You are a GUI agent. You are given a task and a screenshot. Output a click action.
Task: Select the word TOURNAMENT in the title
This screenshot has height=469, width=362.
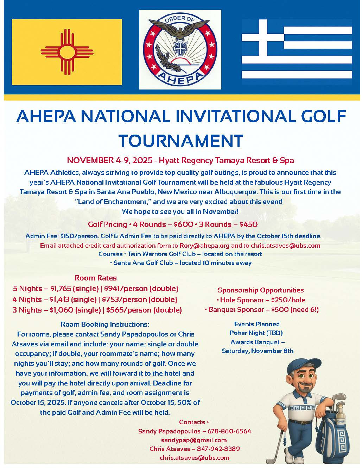click(x=181, y=140)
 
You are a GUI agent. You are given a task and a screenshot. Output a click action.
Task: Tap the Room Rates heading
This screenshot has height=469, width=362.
click(x=96, y=278)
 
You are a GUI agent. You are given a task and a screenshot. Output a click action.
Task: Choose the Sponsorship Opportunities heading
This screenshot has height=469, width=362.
click(x=261, y=290)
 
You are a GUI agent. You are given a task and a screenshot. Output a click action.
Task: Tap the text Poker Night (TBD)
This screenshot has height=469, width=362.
click(x=256, y=333)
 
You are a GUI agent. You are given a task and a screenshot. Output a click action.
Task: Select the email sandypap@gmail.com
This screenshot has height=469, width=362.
click(x=194, y=440)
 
